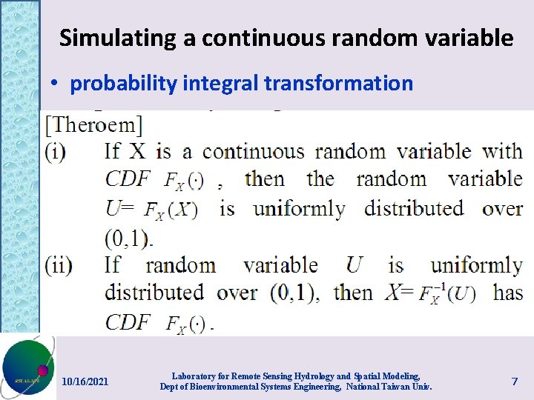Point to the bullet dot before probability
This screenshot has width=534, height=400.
[56, 84]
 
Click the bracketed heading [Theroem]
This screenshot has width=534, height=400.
[93, 123]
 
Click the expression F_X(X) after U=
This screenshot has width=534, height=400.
[171, 210]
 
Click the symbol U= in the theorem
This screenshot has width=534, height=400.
[120, 209]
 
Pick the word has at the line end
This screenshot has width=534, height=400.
[508, 293]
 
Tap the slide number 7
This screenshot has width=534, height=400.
[514, 381]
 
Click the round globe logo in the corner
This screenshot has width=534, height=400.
[27, 367]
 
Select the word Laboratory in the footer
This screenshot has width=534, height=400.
[191, 376]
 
